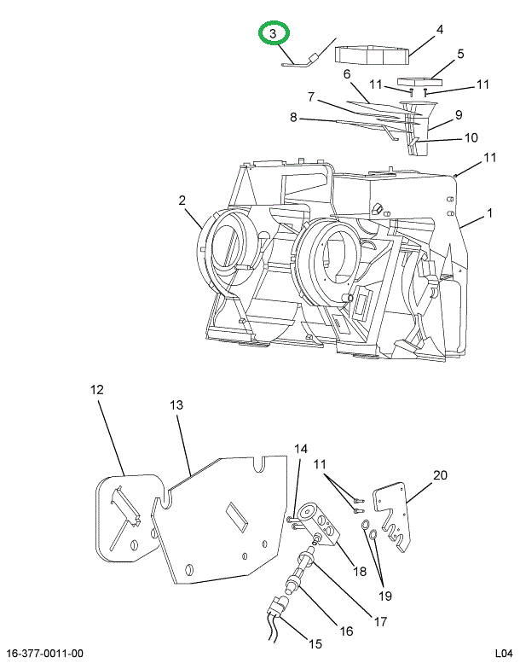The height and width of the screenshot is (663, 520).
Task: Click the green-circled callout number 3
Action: [x=273, y=33]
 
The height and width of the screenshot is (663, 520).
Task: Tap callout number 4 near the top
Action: [x=440, y=30]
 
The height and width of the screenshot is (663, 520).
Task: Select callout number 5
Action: [x=460, y=54]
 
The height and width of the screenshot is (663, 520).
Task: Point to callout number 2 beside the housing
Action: [x=182, y=200]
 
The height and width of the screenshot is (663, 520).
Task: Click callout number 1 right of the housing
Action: [x=489, y=213]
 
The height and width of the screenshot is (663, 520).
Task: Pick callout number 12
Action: [x=96, y=389]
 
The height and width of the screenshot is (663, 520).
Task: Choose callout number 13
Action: [x=176, y=405]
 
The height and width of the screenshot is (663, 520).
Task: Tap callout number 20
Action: [x=440, y=475]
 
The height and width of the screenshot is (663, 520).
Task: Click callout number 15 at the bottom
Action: [x=315, y=644]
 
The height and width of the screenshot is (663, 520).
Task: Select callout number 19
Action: [x=384, y=596]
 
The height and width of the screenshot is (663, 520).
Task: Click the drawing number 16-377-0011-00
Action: [x=45, y=654]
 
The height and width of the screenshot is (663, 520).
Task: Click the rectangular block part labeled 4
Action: [x=373, y=55]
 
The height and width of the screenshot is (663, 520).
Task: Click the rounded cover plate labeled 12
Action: [x=127, y=518]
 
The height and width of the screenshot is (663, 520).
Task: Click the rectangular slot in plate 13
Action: [x=237, y=516]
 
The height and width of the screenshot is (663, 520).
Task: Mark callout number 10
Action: [x=471, y=137]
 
